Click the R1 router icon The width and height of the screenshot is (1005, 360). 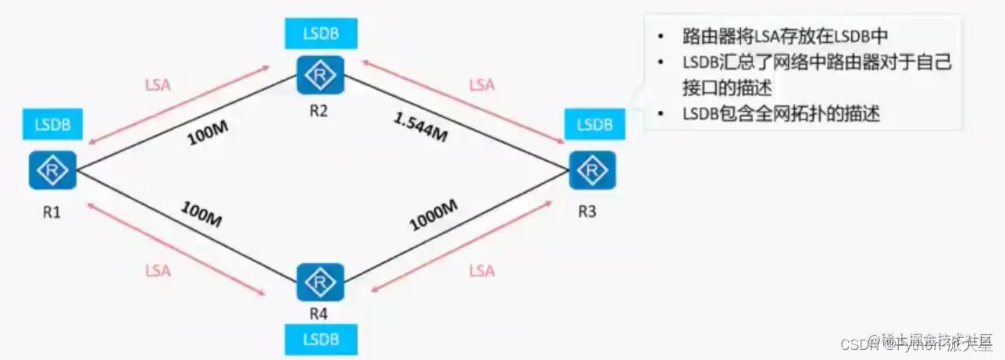click(x=52, y=170)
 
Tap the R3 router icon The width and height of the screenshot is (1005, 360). click(x=593, y=170)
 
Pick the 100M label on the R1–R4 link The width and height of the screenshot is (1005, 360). click(x=202, y=214)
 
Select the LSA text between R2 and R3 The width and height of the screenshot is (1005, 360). click(x=483, y=84)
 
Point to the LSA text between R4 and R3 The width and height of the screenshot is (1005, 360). click(x=482, y=271)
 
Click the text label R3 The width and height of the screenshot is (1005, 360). click(x=588, y=211)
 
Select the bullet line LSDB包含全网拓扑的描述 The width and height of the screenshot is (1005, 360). click(x=780, y=113)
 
